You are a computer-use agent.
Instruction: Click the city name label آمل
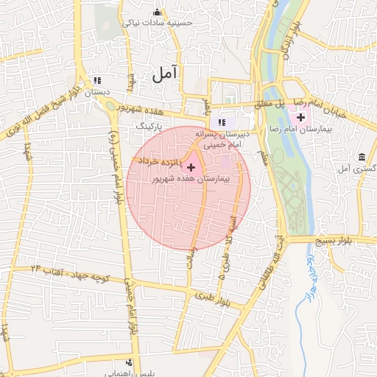point(166,74)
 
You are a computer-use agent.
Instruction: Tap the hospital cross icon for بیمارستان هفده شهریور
point(192,167)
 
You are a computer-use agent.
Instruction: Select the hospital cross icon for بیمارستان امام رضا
point(300,117)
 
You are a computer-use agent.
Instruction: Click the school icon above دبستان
point(97,81)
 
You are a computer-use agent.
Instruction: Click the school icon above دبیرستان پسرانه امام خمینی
point(222,122)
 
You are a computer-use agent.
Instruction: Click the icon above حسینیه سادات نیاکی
point(157,12)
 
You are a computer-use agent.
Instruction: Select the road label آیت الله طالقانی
point(270,253)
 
